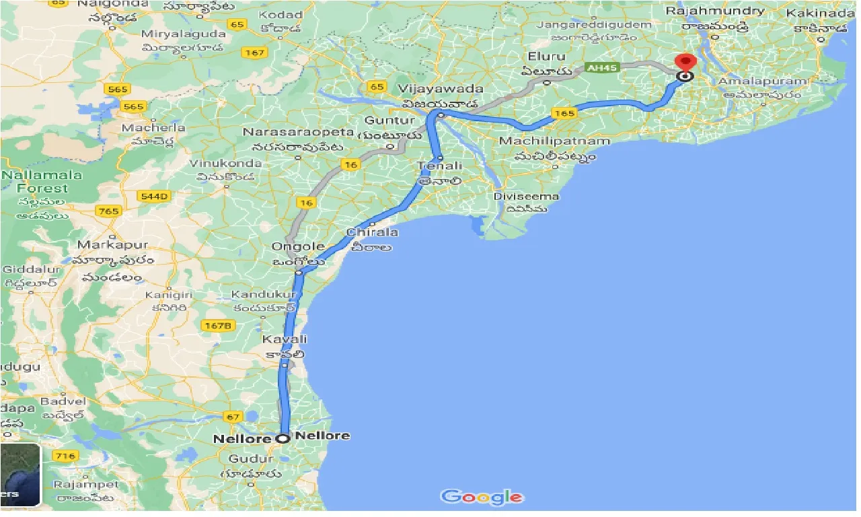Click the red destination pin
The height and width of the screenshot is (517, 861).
point(685,63)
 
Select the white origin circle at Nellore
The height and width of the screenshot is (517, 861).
point(283,438)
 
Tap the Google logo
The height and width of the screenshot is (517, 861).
point(482,497)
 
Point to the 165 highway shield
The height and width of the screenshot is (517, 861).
point(563,113)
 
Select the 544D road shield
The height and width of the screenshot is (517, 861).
point(154,196)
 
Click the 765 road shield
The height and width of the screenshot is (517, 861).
point(108,211)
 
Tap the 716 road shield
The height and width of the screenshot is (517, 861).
point(65,456)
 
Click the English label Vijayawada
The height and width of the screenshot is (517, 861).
point(441,89)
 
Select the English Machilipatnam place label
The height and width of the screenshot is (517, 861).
point(554,141)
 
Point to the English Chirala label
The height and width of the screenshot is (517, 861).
point(372,232)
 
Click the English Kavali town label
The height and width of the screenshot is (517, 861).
point(285,339)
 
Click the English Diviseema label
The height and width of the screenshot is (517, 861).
point(517,196)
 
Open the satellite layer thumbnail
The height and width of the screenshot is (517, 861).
point(20,475)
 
